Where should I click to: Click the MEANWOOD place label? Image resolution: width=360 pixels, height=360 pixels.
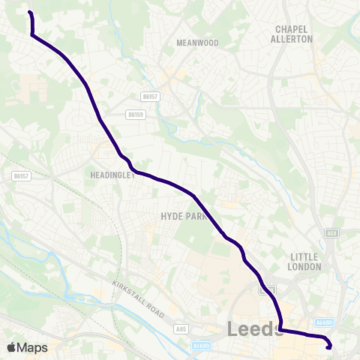pos(197,43)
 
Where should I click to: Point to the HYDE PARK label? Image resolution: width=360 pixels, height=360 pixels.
pos(182,215)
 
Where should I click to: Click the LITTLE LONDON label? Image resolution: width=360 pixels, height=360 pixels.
pos(305,261)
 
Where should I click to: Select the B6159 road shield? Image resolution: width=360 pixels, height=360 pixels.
pos(136,115)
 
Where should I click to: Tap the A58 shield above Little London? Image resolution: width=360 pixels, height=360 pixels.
pos(331,234)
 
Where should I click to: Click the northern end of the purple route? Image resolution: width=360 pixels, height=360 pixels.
pos(30,13)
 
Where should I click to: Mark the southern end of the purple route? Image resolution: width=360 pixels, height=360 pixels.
pos(329,346)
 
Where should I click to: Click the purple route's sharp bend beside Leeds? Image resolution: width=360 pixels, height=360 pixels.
pos(280,328)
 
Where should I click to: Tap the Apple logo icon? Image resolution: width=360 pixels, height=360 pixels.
pos(11,347)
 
